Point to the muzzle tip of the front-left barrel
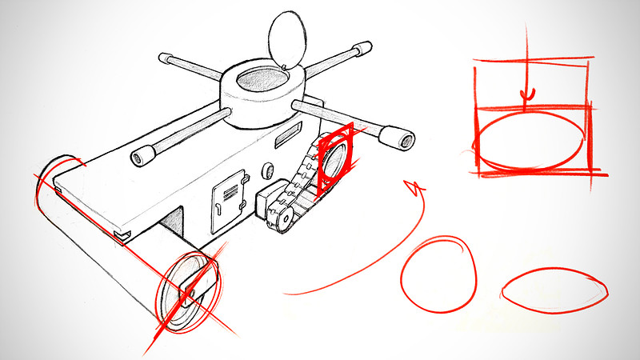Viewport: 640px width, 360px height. [142, 155]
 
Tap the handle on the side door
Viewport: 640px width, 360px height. [218, 209]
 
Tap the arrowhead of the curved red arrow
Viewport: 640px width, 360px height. [413, 189]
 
